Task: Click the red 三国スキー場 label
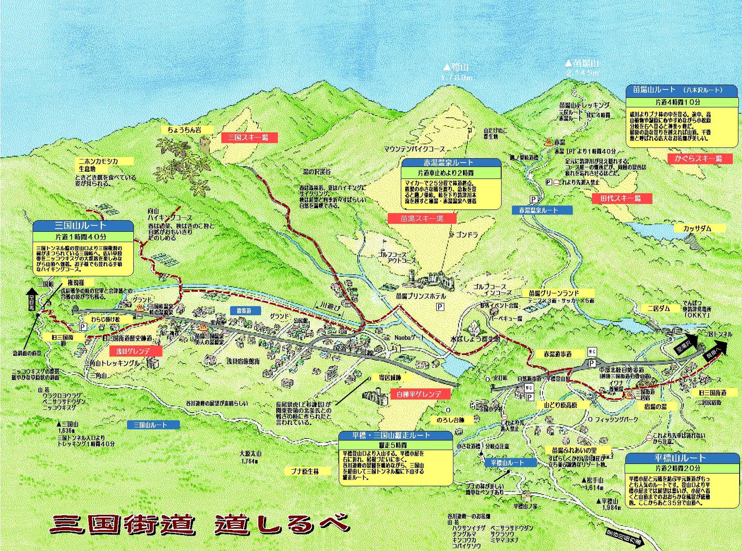click(249, 138)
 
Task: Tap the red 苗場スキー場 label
click(422, 219)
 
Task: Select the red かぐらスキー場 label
click(699, 159)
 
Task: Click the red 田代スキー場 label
click(621, 198)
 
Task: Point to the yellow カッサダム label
click(697, 229)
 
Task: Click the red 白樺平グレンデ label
click(419, 394)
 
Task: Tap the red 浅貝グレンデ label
click(133, 351)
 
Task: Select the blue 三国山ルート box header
click(82, 226)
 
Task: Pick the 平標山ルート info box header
click(681, 458)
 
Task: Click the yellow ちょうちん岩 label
click(185, 130)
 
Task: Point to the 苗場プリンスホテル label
click(421, 296)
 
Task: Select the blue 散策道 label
click(244, 311)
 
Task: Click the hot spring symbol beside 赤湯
click(549, 143)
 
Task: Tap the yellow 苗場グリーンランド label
click(554, 293)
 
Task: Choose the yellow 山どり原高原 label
click(560, 405)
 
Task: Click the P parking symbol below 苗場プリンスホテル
click(440, 307)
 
